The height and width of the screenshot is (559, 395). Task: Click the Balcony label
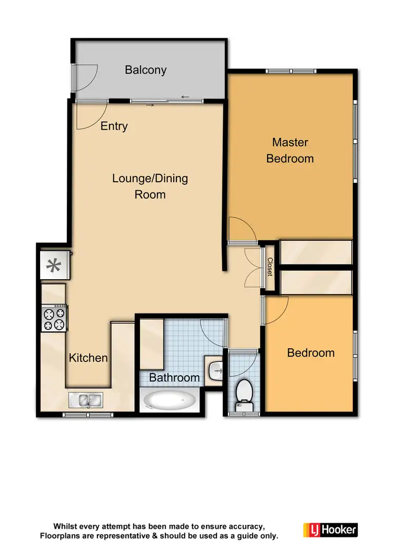coord(145,70)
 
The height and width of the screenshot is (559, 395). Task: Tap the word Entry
coord(114,126)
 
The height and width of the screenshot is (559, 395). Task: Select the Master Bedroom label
coord(290,150)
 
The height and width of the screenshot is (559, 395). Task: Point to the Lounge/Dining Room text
coord(150,186)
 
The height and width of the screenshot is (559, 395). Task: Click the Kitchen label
coord(88,358)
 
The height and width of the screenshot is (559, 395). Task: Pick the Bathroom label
coord(174,377)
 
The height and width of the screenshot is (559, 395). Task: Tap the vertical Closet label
coord(270,267)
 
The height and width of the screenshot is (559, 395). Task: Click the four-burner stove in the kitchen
coord(55,318)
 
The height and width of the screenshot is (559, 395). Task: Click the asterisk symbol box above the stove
coord(54,265)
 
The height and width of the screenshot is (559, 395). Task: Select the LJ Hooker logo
coord(330,529)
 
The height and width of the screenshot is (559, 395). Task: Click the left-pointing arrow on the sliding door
coord(185,97)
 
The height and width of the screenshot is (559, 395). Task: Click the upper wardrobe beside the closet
coord(315,252)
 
